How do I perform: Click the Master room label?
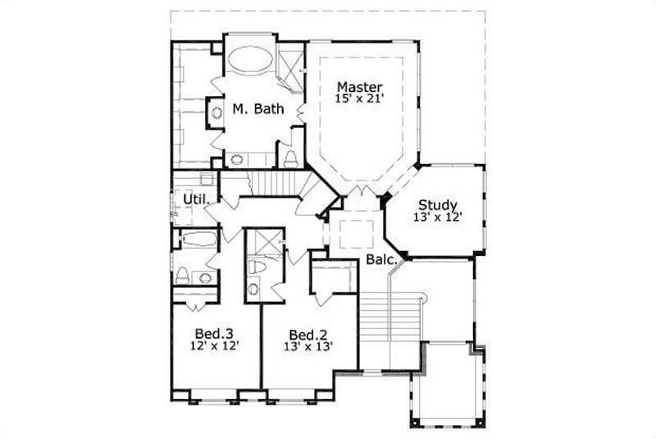point(361,86)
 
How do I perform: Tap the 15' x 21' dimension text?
point(361,99)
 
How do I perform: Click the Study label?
point(438,205)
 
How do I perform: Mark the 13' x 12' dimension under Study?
point(438,217)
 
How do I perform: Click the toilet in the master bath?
point(289,157)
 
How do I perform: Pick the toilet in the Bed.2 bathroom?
point(255,268)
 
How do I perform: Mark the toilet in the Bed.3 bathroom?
point(183,275)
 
